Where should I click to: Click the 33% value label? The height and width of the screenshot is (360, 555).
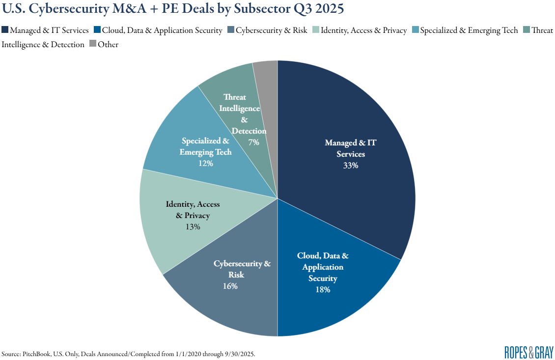point(351,166)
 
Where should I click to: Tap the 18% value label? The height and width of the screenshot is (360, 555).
point(323,289)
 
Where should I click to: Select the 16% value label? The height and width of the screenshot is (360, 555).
point(230,286)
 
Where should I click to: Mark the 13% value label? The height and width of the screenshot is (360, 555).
point(193,226)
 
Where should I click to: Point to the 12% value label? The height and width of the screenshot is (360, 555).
point(205,163)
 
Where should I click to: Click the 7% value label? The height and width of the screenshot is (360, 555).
point(253,142)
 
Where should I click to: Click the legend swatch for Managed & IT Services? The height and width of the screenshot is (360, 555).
point(5,30)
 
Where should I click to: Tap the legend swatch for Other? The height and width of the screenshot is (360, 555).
point(92,44)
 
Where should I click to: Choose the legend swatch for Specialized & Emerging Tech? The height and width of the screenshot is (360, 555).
point(415,30)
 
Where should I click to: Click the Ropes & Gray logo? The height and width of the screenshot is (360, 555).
point(528,352)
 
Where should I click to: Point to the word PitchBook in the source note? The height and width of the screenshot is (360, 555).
point(37,354)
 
